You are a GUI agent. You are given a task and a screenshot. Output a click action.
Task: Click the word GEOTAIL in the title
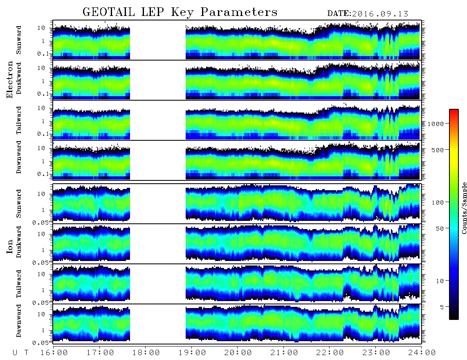pos(109,12)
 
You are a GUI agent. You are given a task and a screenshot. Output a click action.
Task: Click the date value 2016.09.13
pos(380,14)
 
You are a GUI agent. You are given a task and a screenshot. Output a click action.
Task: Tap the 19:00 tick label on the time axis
pos(192,353)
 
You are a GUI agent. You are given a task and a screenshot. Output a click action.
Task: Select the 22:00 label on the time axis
pos(330,353)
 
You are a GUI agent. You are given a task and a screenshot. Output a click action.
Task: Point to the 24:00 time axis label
pos(422,353)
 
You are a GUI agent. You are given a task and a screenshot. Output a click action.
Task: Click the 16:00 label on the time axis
pos(54,353)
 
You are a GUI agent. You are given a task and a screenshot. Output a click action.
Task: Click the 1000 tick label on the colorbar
pos(436,124)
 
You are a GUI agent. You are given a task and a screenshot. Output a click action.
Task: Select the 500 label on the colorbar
pos(438,150)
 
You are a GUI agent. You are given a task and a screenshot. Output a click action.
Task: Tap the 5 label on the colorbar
pos(442,307)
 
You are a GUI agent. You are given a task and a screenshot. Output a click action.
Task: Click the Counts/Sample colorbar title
pos(464,208)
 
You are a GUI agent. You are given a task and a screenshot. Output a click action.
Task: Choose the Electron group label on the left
pos(9,80)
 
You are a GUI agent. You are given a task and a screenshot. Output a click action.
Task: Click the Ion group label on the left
pos(9,247)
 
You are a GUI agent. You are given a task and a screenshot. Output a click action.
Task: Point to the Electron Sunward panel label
pos(19,40)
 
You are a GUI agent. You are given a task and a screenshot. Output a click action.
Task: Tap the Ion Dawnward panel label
pos(19,320)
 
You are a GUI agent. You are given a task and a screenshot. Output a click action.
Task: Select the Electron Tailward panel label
pos(19,120)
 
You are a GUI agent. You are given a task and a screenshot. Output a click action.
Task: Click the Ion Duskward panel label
pos(19,242)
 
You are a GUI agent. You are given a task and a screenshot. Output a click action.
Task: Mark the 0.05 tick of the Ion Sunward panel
pos(45,222)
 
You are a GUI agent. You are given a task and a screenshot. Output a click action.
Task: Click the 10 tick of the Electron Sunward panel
pos(41,28)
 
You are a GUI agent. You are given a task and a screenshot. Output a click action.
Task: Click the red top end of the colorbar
pos(454,110)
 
